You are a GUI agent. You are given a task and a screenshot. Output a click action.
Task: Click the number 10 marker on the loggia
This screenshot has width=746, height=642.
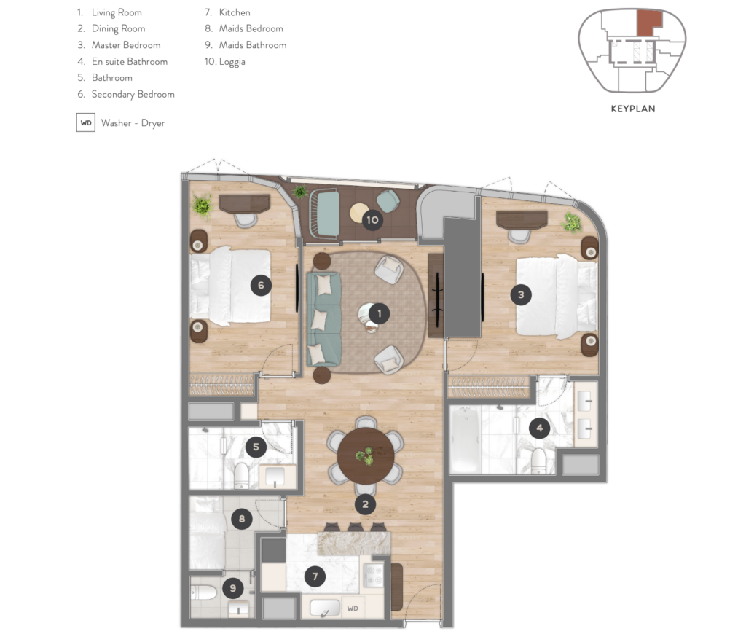click(372, 220)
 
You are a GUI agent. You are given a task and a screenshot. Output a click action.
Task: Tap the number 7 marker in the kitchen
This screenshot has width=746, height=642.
click(315, 577)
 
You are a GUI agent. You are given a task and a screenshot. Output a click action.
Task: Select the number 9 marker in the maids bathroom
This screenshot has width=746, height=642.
click(232, 588)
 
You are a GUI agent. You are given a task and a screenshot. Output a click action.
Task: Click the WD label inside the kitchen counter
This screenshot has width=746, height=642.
click(353, 608)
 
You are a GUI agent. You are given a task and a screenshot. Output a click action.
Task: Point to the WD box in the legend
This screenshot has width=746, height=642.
click(86, 122)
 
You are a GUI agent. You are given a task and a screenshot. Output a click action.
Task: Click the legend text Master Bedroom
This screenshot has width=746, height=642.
click(126, 45)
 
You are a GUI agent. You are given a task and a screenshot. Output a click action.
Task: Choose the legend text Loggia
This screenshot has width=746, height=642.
click(232, 62)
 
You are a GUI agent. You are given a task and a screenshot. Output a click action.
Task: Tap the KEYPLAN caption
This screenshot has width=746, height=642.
click(633, 109)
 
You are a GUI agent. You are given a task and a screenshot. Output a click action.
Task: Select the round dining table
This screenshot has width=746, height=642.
click(366, 456)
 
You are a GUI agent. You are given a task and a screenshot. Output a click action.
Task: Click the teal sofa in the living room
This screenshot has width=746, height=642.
click(324, 319)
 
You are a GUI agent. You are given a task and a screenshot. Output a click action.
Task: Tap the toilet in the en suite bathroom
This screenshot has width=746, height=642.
click(538, 461)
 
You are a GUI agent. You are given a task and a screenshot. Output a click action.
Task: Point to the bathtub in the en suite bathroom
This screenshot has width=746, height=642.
click(466, 439)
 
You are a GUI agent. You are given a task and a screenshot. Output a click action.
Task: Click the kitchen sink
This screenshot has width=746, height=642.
click(325, 608)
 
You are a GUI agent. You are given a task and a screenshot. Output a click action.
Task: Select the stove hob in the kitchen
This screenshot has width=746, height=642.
click(373, 575)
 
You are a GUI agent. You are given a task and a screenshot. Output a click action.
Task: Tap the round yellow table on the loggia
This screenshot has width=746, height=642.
click(359, 213)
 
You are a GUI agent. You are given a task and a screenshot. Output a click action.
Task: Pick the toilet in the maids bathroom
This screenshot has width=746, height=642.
click(203, 593)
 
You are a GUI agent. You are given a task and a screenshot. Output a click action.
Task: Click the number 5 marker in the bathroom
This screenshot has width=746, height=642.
click(256, 447)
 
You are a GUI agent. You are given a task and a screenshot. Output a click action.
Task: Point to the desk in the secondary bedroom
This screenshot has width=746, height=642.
click(245, 203)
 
